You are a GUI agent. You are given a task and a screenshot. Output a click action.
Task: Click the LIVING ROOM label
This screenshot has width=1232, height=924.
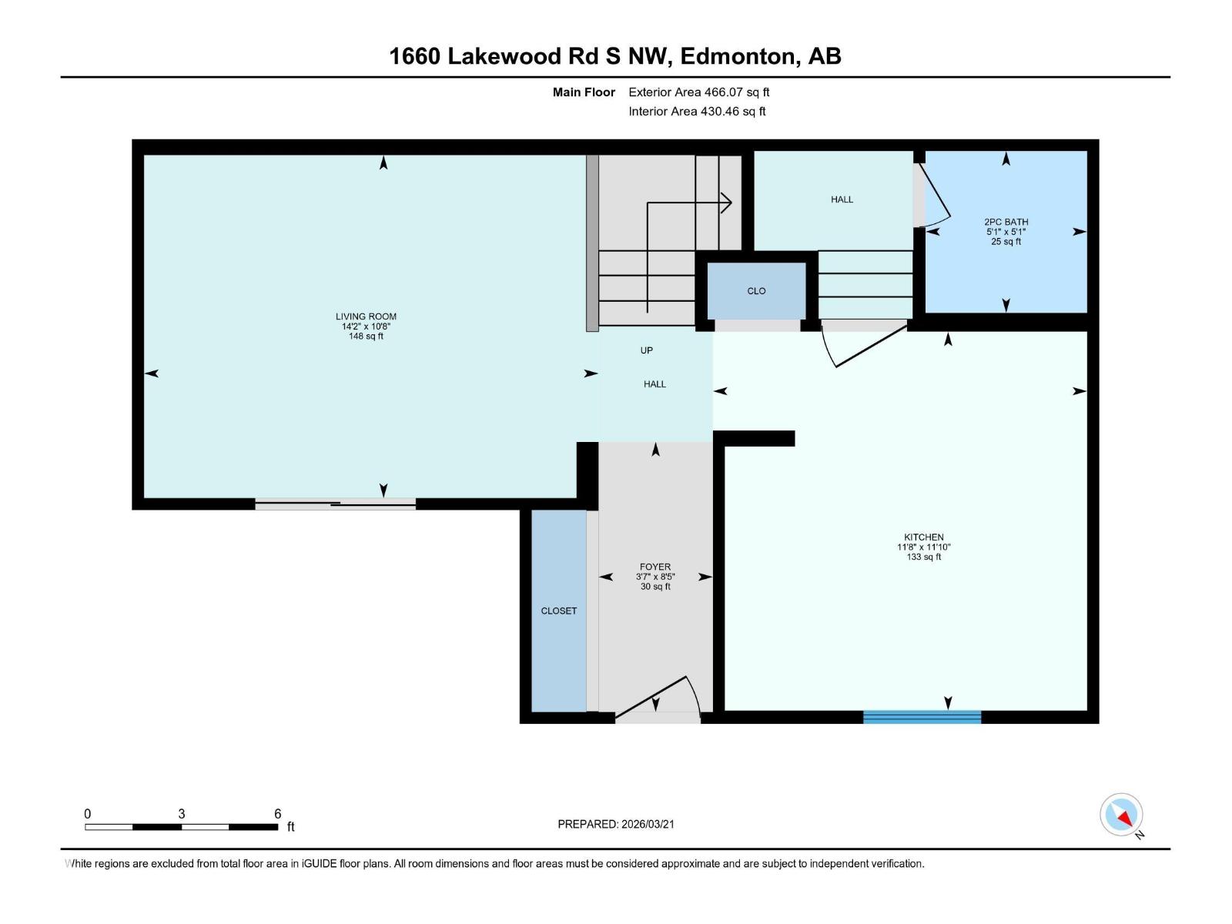366,316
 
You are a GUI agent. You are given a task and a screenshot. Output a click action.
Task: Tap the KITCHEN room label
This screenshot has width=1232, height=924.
923,537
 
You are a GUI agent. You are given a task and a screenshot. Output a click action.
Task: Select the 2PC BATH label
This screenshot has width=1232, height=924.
1006,222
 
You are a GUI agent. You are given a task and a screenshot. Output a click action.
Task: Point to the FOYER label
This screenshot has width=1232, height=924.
655,567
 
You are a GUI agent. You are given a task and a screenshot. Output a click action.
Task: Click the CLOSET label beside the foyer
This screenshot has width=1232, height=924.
558,611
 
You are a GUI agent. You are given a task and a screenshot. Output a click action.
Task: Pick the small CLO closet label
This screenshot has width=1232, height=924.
756,290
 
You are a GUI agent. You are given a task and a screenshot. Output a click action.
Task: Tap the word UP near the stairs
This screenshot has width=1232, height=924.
647,350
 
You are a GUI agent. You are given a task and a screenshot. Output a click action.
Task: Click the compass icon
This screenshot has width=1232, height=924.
1121,814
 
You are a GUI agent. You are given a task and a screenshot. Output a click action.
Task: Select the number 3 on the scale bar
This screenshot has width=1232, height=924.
181,813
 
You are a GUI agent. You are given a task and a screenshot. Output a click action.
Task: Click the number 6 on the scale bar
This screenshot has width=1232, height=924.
277,813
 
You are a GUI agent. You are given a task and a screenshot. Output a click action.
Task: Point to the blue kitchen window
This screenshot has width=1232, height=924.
922,717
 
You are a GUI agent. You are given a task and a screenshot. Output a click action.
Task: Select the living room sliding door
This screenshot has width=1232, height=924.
335,504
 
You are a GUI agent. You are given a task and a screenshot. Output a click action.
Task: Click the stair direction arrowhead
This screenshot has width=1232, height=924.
726,203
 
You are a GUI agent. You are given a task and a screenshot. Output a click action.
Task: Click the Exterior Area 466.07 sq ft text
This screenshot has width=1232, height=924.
699,92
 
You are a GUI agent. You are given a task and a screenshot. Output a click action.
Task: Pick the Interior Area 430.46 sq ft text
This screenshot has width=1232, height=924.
697,111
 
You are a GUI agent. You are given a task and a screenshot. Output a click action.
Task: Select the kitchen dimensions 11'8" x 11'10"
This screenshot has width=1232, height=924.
923,547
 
